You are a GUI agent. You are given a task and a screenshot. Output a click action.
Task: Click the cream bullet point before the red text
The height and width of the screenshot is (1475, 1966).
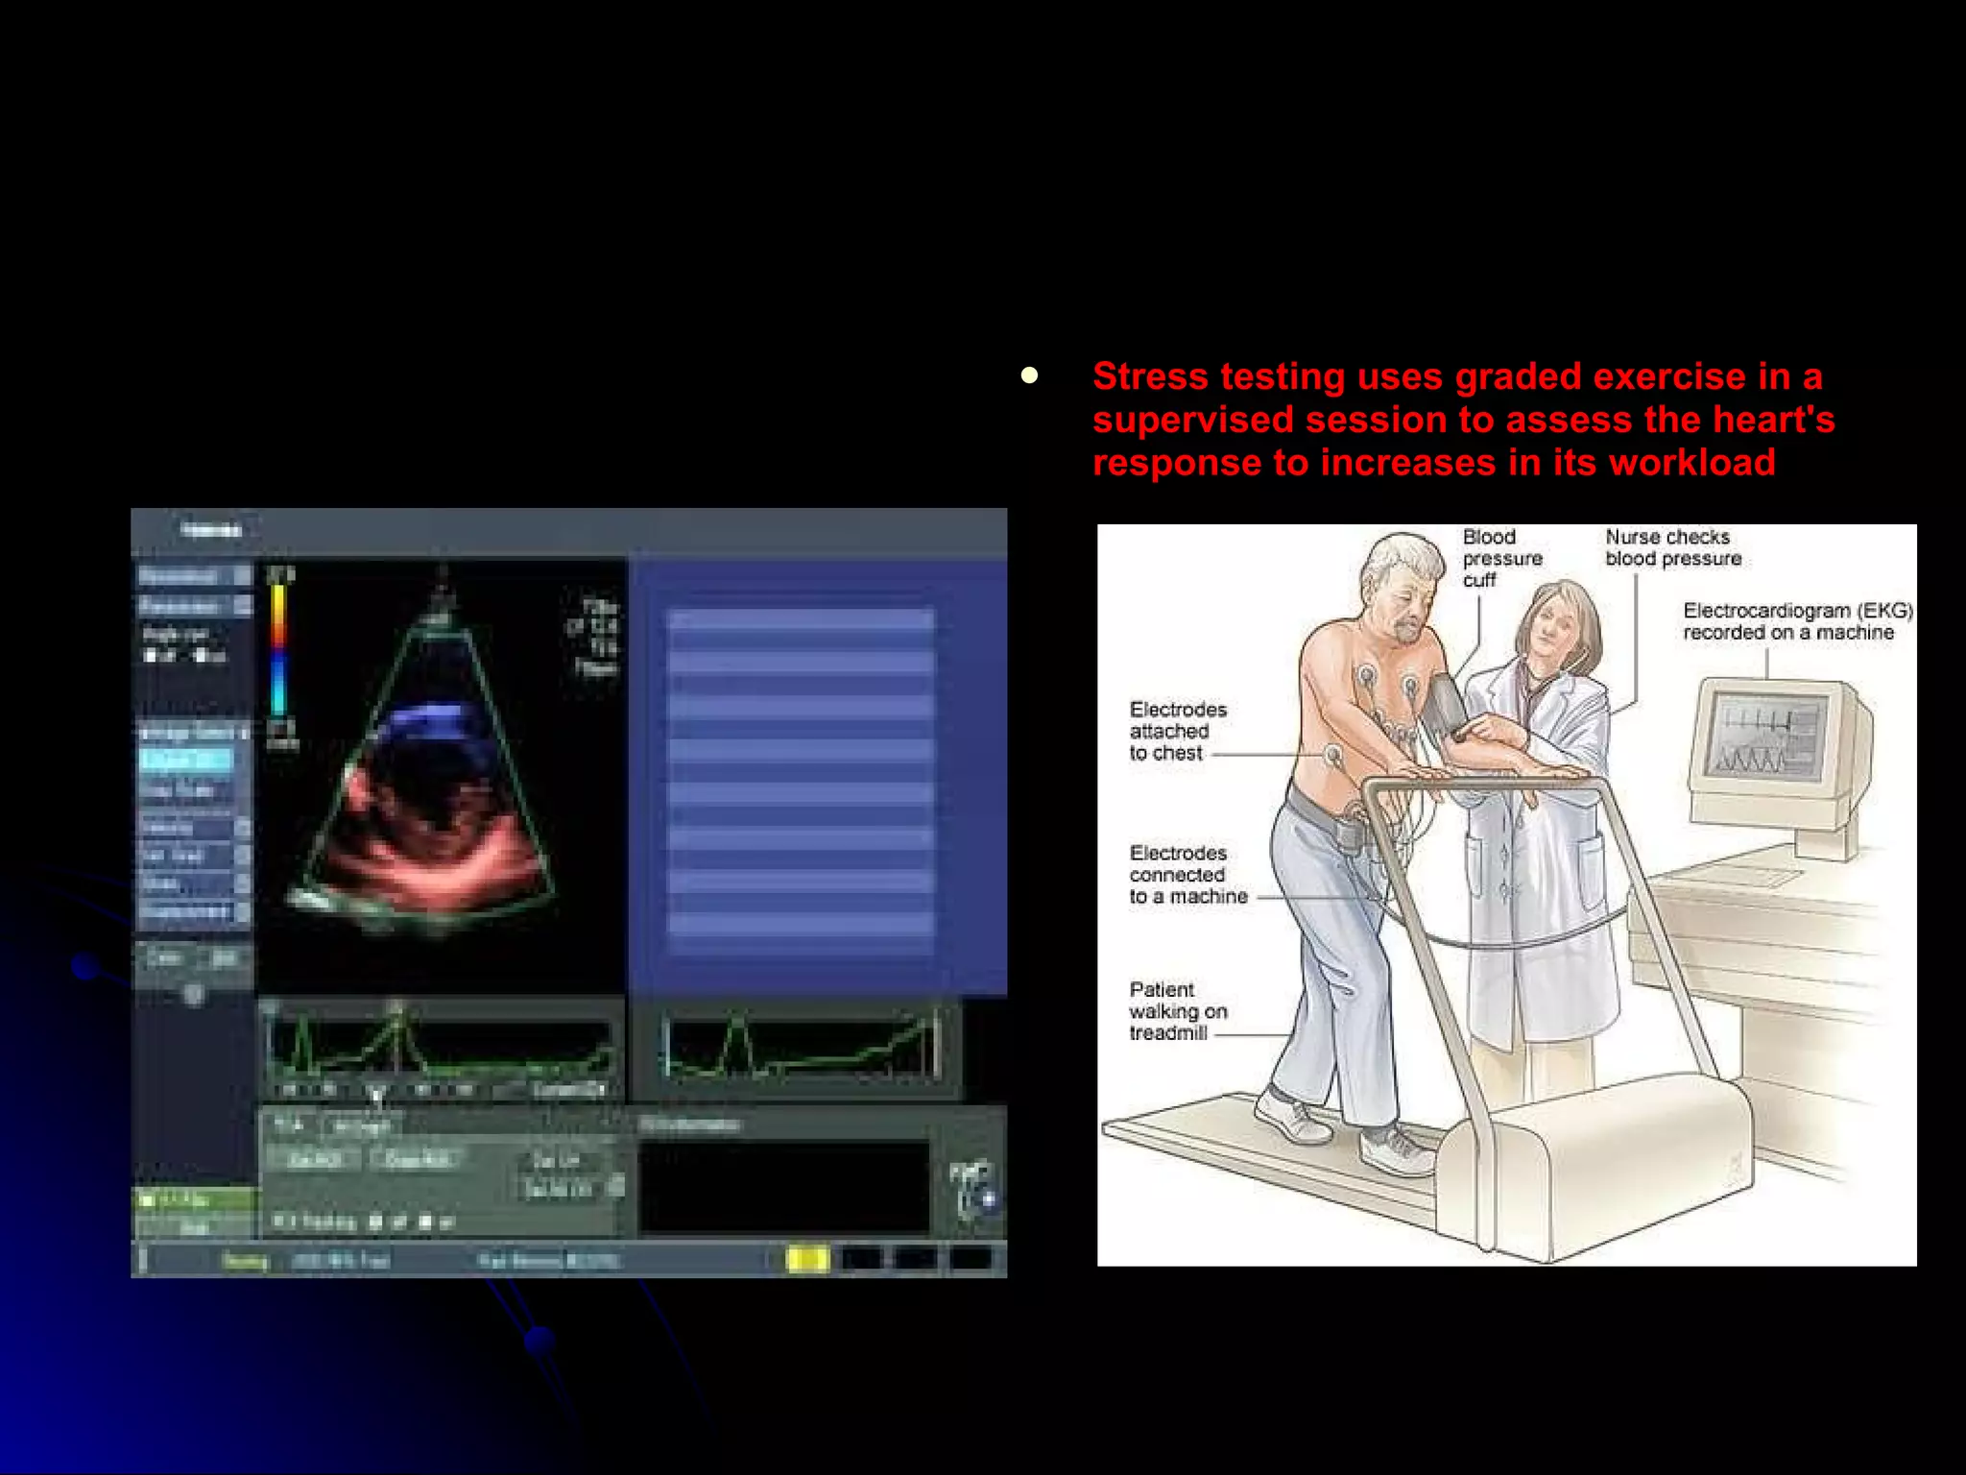(1030, 375)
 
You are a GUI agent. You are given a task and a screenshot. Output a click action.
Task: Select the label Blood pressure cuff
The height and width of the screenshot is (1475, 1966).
(1501, 558)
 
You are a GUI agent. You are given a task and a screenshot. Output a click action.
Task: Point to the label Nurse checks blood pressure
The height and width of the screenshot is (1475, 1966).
(1672, 547)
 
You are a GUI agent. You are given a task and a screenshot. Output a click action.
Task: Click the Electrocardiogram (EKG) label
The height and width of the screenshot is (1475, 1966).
(1797, 621)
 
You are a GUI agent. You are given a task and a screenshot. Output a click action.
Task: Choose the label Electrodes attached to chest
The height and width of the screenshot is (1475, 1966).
(1177, 731)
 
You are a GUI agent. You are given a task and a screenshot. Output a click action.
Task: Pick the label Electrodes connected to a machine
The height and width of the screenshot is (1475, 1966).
(1187, 875)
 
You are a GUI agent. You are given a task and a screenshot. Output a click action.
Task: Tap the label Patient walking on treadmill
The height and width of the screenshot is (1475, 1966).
(1177, 1011)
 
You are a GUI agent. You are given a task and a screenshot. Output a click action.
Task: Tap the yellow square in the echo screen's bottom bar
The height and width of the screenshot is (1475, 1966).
(807, 1259)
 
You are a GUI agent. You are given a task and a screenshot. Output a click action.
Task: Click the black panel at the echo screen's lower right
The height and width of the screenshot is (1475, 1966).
(783, 1186)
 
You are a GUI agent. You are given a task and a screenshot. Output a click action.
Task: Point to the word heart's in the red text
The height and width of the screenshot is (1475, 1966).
(1774, 420)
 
